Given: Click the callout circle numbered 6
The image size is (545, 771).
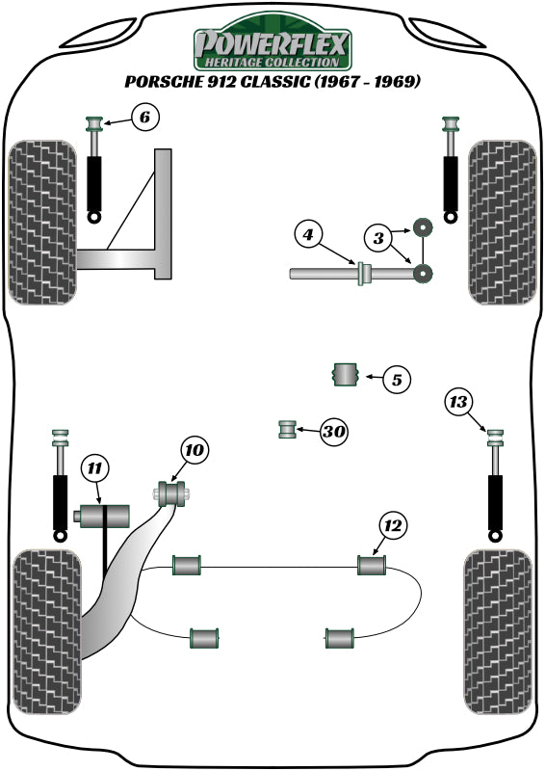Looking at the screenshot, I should click(x=142, y=119).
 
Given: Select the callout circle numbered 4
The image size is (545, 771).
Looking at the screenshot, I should click(x=307, y=234).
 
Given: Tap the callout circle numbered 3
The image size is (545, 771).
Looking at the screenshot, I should click(x=378, y=236).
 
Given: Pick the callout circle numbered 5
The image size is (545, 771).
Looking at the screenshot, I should click(x=396, y=380).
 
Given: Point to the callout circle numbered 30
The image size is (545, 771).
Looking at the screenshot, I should click(x=333, y=432).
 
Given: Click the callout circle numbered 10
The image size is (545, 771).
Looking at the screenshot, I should click(x=194, y=450).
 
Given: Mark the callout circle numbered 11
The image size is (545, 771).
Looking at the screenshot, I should click(x=94, y=469).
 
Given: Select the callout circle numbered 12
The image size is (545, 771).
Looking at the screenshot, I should click(x=393, y=526).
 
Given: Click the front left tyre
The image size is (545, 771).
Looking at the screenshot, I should click(x=43, y=222).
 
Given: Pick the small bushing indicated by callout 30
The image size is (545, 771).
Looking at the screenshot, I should click(x=286, y=429).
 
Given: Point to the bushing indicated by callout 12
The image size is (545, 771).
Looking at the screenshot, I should click(x=371, y=565).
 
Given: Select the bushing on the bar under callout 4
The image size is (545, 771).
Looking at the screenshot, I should click(x=365, y=274).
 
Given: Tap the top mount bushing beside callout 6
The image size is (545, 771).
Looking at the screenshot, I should click(x=95, y=125).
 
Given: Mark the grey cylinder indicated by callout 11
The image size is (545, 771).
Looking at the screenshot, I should click(x=102, y=517).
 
